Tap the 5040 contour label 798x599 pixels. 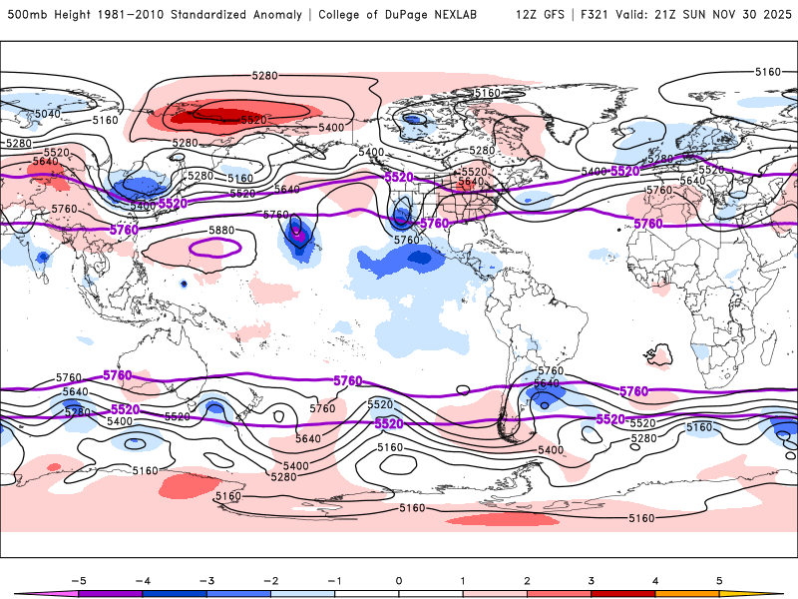pyautogui.click(x=48, y=114)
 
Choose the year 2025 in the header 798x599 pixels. pyautogui.click(x=771, y=15)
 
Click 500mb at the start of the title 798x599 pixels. pyautogui.click(x=24, y=15)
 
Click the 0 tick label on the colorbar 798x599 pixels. pyautogui.click(x=398, y=580)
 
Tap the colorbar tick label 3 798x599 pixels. pyautogui.click(x=591, y=580)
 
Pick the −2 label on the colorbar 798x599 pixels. pyautogui.click(x=269, y=580)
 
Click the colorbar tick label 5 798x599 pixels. pyautogui.click(x=719, y=580)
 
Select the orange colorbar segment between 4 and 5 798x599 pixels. pyautogui.click(x=687, y=593)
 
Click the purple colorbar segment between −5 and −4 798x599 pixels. pyautogui.click(x=110, y=593)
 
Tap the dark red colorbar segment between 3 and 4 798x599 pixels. pyautogui.click(x=623, y=593)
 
